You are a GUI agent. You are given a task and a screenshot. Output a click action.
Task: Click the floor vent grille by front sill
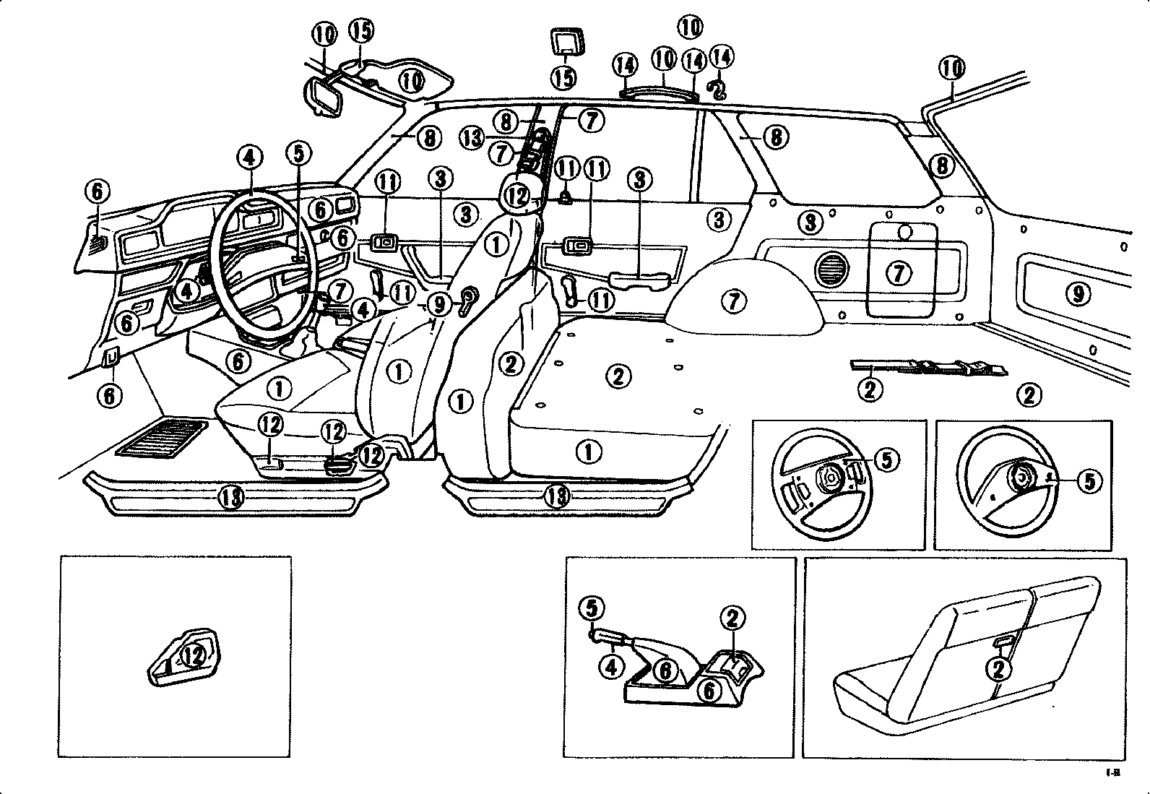click(x=162, y=438)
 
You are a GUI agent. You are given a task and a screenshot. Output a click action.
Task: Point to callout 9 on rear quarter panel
click(x=1077, y=293)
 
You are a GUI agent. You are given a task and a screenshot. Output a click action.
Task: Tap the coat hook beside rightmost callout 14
click(x=717, y=88)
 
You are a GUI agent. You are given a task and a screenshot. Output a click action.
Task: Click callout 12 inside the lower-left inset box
click(x=192, y=656)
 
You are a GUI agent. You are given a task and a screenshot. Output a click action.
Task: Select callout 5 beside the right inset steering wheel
click(x=1090, y=481)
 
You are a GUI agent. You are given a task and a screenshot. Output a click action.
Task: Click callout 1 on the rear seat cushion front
click(x=589, y=452)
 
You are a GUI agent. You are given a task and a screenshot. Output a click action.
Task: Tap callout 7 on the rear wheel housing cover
click(x=734, y=300)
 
